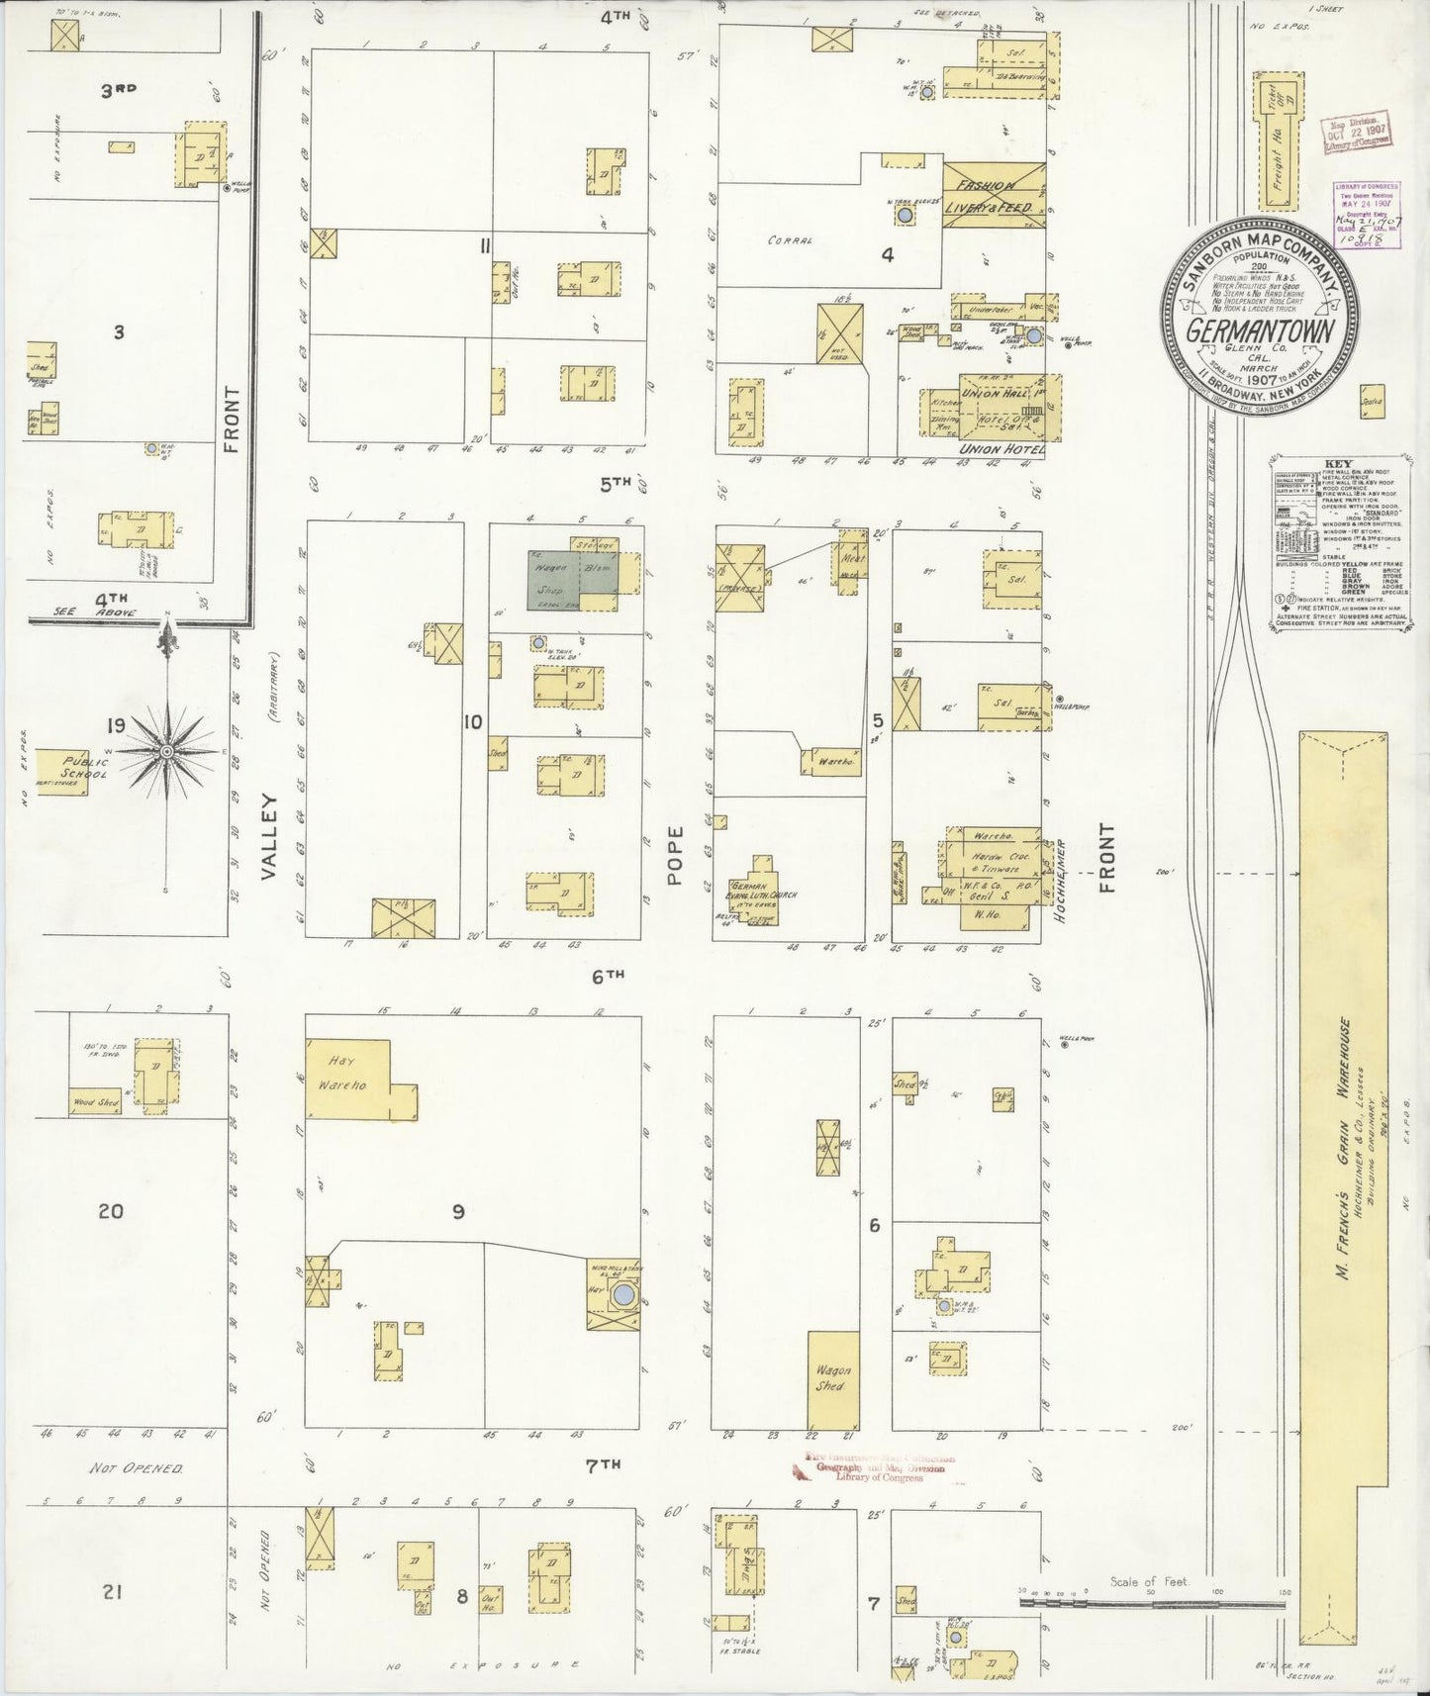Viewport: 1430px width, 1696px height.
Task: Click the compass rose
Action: (166, 752)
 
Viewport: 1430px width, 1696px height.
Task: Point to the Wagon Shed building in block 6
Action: (833, 1378)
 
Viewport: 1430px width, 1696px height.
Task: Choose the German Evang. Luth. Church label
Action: (764, 889)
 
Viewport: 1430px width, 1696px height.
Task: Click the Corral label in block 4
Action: (789, 240)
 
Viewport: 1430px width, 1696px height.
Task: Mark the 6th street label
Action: (608, 975)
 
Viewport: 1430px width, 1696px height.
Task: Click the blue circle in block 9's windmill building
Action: (623, 1294)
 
